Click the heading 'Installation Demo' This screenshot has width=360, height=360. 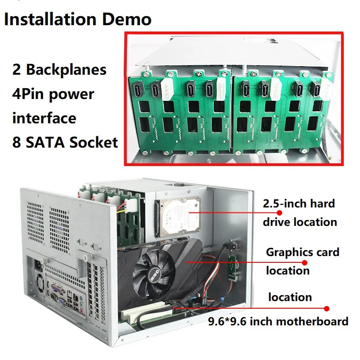[78, 19]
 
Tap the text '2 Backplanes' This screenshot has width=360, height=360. [59, 70]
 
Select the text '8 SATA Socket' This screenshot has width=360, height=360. [65, 142]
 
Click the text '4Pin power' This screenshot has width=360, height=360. [53, 94]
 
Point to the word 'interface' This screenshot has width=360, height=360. [44, 118]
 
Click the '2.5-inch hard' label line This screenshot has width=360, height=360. [299, 203]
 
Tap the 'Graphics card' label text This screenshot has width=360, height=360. [302, 252]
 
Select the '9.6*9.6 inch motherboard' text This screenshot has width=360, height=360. [278, 321]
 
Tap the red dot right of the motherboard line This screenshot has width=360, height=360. [327, 309]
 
